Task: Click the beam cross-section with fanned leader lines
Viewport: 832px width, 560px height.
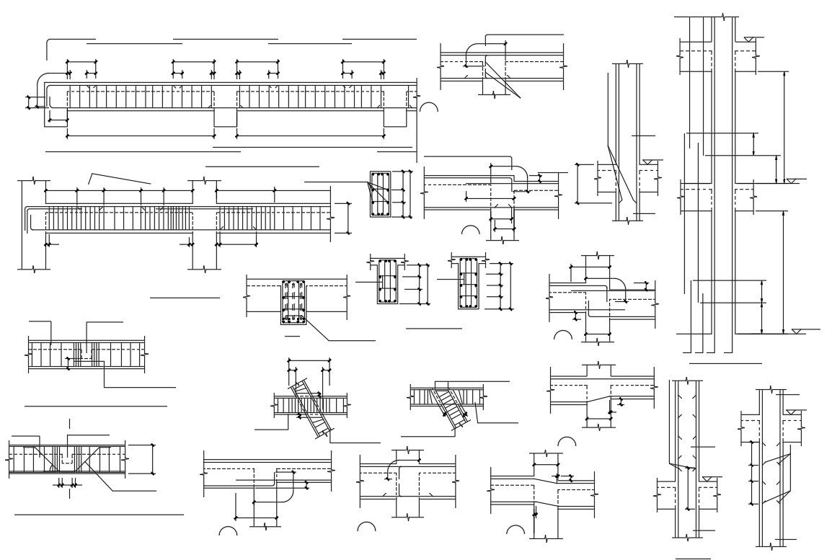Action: click(379, 194)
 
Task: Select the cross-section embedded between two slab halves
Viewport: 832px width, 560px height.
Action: click(293, 302)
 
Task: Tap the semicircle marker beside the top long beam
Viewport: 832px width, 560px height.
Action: click(429, 107)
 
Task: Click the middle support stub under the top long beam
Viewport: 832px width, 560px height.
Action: click(225, 118)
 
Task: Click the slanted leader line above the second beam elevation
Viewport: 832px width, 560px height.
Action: click(119, 177)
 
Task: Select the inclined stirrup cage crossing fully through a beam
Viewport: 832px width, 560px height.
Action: click(311, 408)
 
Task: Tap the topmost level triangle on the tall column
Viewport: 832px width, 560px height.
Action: click(750, 38)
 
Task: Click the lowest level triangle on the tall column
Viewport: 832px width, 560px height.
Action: click(796, 331)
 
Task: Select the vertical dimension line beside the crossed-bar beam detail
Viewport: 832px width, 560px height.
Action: click(153, 459)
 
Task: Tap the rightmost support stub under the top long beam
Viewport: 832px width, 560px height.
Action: click(394, 118)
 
